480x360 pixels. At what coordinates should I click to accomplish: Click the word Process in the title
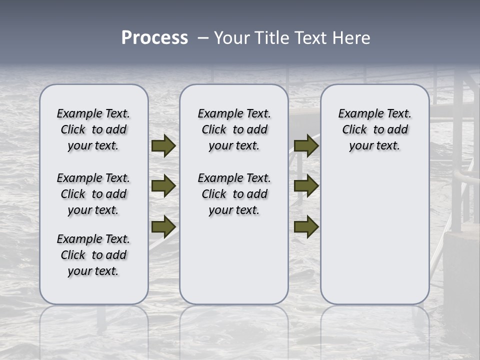pyautogui.click(x=154, y=38)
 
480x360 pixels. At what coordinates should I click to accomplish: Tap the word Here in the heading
pyautogui.click(x=351, y=38)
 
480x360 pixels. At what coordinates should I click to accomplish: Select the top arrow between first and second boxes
pyautogui.click(x=163, y=146)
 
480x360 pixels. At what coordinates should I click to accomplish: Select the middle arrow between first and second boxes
pyautogui.click(x=163, y=186)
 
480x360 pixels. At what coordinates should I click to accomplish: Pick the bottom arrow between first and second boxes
pyautogui.click(x=163, y=226)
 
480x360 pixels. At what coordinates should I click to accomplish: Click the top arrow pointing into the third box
pyautogui.click(x=306, y=146)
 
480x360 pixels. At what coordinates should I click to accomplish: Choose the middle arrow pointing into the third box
pyautogui.click(x=306, y=186)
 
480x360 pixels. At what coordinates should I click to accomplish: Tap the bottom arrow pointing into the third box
pyautogui.click(x=306, y=226)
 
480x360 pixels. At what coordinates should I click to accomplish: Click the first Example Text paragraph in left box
pyautogui.click(x=93, y=129)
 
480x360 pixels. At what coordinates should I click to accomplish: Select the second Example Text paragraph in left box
pyautogui.click(x=93, y=194)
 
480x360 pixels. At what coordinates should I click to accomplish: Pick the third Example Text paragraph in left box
pyautogui.click(x=93, y=255)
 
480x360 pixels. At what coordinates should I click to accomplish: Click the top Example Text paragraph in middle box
pyautogui.click(x=234, y=129)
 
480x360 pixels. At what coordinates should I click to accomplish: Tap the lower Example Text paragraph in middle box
pyautogui.click(x=234, y=194)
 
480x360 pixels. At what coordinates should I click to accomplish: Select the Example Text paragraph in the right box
pyautogui.click(x=375, y=129)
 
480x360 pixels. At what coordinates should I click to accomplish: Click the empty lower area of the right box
pyautogui.click(x=375, y=235)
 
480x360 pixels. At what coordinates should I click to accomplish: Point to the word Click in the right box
pyautogui.click(x=354, y=130)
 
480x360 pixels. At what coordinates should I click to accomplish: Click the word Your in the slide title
pyautogui.click(x=232, y=38)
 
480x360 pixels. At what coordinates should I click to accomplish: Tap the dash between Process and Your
pyautogui.click(x=203, y=38)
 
